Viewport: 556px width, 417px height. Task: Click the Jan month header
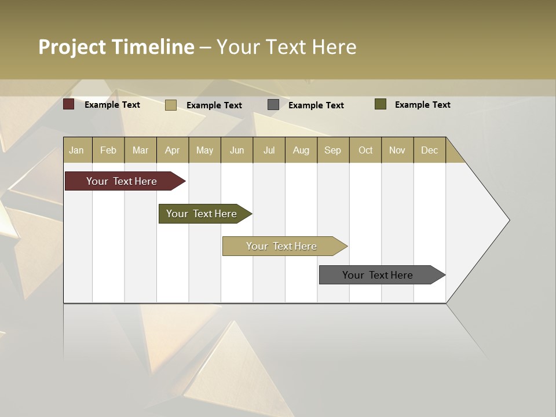tap(76, 150)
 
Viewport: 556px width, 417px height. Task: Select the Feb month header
tap(108, 150)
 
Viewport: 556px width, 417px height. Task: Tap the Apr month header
tap(172, 150)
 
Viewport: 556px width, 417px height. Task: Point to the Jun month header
tap(237, 150)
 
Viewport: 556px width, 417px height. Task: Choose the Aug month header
tap(301, 150)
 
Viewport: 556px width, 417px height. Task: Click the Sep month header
tap(332, 150)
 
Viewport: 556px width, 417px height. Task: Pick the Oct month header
tap(365, 150)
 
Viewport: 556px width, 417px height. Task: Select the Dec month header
tap(429, 150)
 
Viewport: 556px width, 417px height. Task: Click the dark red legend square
tap(69, 104)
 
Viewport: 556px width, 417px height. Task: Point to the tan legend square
tap(171, 105)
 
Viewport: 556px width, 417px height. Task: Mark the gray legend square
tap(273, 105)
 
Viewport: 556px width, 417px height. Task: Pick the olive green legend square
tap(381, 104)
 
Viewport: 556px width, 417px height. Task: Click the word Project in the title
tap(72, 47)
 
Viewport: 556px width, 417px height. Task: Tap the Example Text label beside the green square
tap(422, 105)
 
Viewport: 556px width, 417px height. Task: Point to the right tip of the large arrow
tap(508, 220)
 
